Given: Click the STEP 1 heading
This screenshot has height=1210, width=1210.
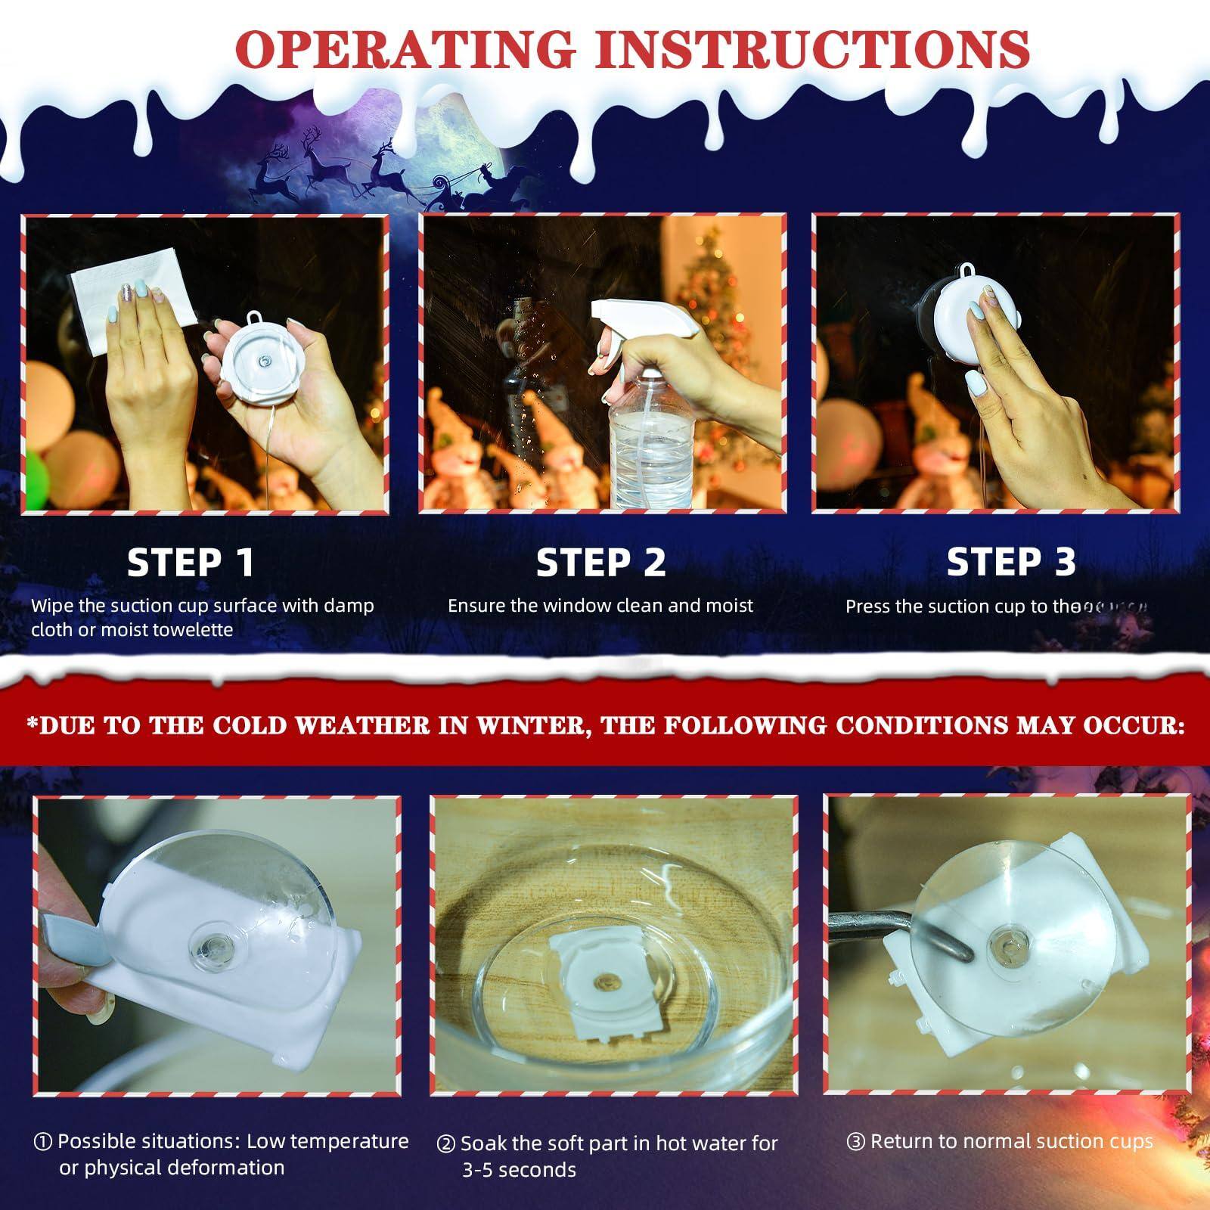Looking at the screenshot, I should click(x=191, y=562).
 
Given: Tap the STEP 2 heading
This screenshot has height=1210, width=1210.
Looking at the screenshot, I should click(x=600, y=563).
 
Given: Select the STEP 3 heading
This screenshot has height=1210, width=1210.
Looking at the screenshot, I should click(x=1010, y=561).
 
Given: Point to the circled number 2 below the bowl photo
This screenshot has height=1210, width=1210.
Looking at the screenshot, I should click(x=445, y=1144).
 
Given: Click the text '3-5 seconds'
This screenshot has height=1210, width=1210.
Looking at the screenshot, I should click(x=519, y=1170).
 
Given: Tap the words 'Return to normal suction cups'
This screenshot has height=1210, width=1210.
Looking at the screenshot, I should click(x=1011, y=1141).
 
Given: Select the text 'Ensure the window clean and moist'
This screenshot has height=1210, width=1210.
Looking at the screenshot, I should click(x=600, y=606).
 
